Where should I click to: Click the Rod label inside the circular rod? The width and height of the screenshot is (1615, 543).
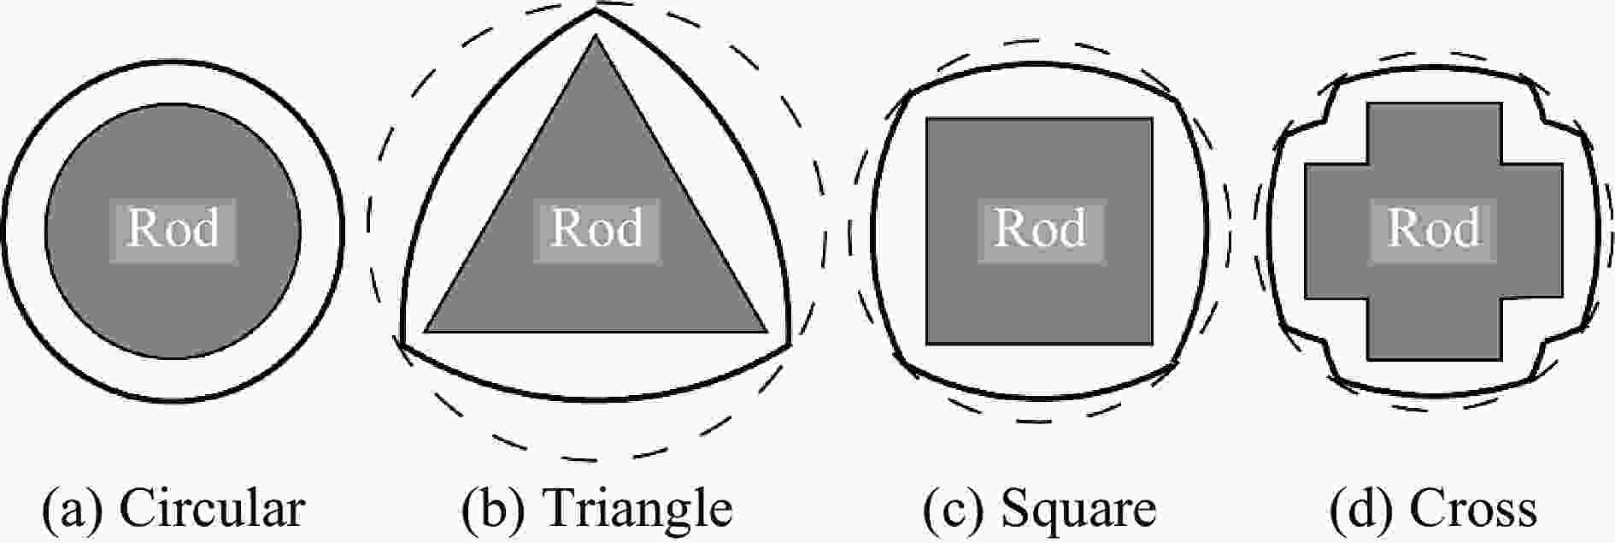click(x=173, y=229)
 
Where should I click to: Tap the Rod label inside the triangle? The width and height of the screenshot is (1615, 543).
click(x=596, y=229)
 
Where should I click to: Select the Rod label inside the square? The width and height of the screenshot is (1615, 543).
click(x=1040, y=229)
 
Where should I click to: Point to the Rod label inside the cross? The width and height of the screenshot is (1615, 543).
click(x=1433, y=229)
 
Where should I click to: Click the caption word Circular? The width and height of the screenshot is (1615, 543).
click(x=211, y=509)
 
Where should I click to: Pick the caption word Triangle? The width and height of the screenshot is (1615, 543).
click(x=637, y=509)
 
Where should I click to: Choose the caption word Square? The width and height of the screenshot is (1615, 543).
click(x=1078, y=511)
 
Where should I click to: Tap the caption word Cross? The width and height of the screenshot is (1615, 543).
click(x=1473, y=509)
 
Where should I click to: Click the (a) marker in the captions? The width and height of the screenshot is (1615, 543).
click(x=73, y=511)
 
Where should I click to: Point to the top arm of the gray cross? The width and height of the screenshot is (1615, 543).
click(x=1433, y=133)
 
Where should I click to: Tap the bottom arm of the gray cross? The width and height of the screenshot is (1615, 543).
click(x=1433, y=329)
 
